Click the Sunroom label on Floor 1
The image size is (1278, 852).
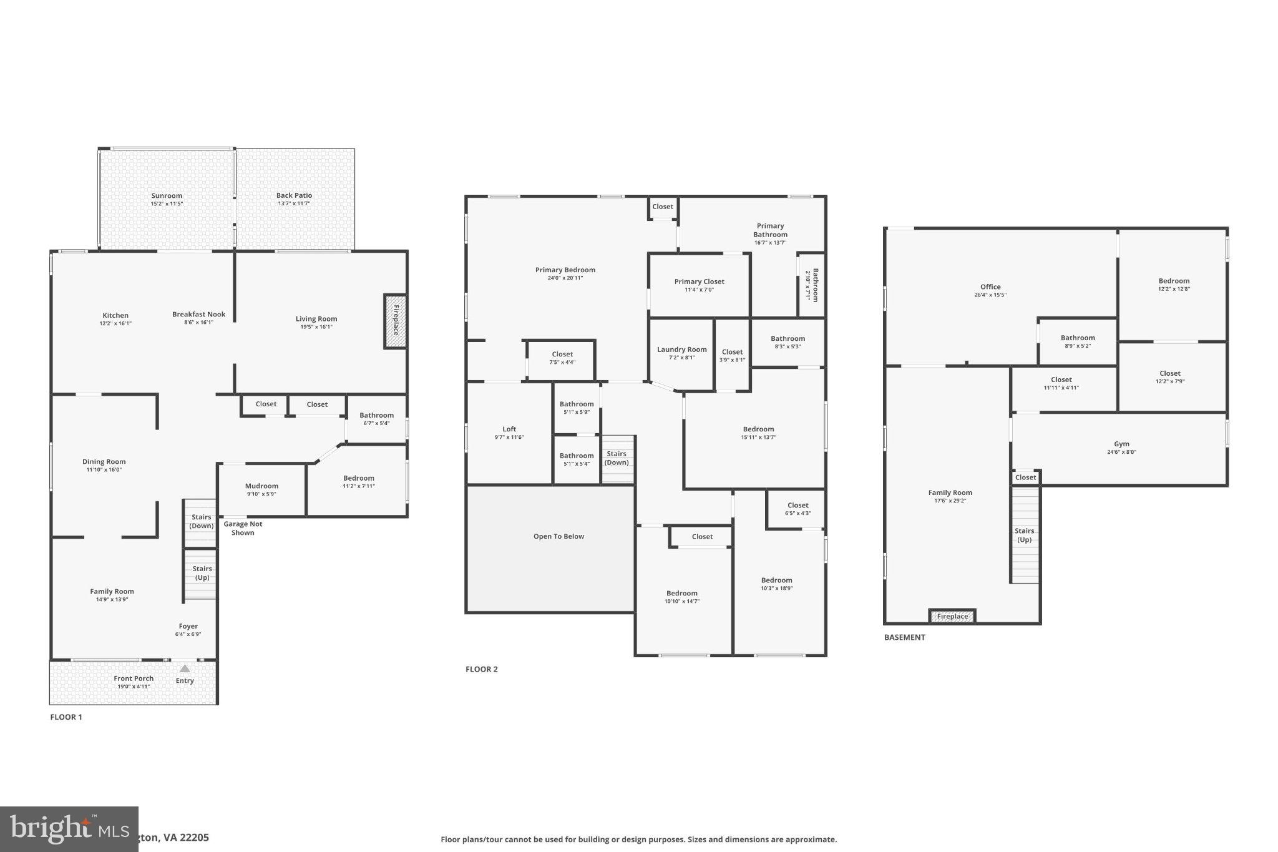point(167,195)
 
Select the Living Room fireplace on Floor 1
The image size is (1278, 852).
point(395,321)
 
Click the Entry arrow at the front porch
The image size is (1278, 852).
point(185,668)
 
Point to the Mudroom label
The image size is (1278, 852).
point(261,486)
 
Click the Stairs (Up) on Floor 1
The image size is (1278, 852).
point(201,573)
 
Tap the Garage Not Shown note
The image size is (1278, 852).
point(243,528)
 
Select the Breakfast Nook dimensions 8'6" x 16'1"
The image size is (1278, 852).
point(199,323)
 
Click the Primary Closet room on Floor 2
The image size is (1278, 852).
point(699,285)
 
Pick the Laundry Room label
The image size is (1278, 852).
point(681,350)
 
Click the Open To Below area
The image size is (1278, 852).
point(559,536)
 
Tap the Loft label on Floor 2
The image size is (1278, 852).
point(509,429)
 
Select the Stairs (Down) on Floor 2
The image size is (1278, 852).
point(617,458)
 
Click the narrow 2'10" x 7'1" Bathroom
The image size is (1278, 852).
point(811,285)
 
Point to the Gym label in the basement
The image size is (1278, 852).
point(1121,444)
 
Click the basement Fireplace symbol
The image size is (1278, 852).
point(952,616)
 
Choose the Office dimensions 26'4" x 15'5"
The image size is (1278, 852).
point(990,295)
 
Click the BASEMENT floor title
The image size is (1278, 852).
point(904,637)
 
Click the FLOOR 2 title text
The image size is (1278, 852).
point(481,669)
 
